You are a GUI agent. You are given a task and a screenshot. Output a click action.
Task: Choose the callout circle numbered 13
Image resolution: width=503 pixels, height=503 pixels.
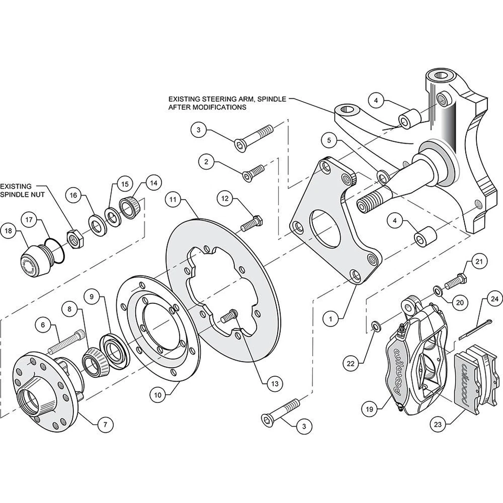(x=273, y=384)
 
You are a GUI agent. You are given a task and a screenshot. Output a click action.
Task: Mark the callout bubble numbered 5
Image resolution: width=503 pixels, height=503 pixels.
(x=329, y=140)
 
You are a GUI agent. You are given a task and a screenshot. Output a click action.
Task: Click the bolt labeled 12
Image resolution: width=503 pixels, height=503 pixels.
(x=251, y=224)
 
